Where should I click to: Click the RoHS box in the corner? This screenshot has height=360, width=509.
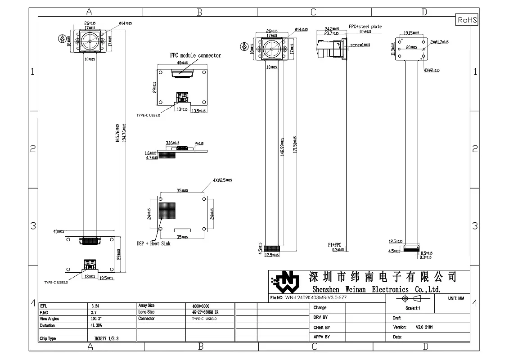[x=467, y=20]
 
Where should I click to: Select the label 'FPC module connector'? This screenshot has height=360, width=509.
[x=195, y=55]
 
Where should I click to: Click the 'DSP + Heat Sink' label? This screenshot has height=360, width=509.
[x=153, y=243]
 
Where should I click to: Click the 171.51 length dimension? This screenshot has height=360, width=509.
[x=294, y=144]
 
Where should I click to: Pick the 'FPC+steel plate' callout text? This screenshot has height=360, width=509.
[x=365, y=27]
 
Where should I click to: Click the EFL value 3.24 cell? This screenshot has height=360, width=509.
[x=95, y=306]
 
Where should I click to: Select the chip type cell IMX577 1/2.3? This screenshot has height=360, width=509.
[x=106, y=338]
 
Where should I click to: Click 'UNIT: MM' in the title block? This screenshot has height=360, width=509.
[x=456, y=298]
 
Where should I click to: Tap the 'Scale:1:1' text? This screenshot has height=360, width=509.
[x=412, y=308]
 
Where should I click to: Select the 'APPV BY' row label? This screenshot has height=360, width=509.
[x=321, y=337]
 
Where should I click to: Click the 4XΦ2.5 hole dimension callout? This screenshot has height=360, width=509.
[x=222, y=180]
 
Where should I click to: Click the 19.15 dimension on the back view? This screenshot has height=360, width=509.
[x=410, y=33]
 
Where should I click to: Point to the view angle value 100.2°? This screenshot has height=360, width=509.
[x=96, y=319]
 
